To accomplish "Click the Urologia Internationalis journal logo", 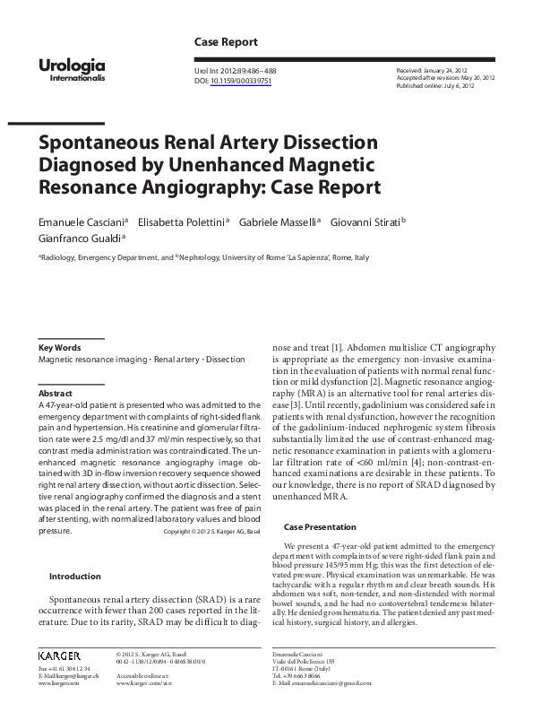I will pos(72,69).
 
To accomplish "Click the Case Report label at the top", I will pos(226,42).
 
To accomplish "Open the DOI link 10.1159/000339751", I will pos(240,81).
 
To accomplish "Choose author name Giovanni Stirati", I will pos(365,221).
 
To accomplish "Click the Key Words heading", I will pos(59,347).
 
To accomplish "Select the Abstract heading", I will pos(55,394).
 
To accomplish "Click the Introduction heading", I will pos(74,577).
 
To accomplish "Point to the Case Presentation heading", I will pos(321,526).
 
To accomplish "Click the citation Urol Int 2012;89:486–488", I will pos(233,70).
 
